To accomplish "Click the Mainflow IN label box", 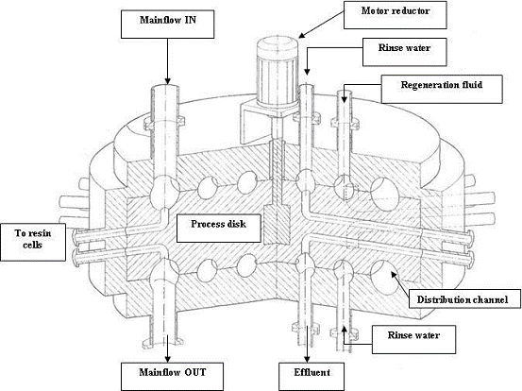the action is coord(167,24).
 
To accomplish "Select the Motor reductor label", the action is coord(396,15).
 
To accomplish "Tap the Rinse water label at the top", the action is coord(405,52).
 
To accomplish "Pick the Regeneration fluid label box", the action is coord(442,89).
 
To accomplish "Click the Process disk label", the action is coord(219,229).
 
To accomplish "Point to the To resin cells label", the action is coord(33,242).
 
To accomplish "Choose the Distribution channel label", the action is coord(464,298).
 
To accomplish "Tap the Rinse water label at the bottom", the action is coord(413,339).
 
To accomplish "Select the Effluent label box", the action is coord(312,377).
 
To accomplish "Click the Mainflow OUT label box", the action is coord(172,377).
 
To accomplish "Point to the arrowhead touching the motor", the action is coord(302,35).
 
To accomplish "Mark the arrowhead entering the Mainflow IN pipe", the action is coord(167,81).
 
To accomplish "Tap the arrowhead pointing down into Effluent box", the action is coord(307,359).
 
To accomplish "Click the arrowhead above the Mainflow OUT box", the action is coord(167,359).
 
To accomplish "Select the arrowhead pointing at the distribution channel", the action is coord(394,275).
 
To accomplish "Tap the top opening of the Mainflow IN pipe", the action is coord(165,89).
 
